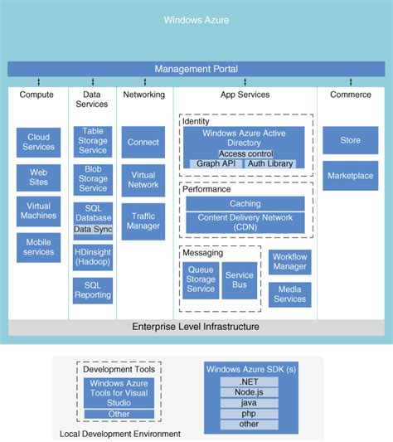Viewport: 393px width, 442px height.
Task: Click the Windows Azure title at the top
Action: click(x=196, y=19)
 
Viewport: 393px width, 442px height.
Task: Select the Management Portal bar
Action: click(x=196, y=69)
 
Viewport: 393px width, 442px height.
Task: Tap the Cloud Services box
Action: click(x=39, y=142)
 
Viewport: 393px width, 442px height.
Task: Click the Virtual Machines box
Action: click(x=39, y=211)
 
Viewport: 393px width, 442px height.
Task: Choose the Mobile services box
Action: click(x=39, y=247)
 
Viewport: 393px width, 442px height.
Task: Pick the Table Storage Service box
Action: click(x=92, y=141)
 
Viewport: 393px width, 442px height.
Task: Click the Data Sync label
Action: click(x=92, y=229)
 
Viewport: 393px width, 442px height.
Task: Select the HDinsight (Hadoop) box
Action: click(x=92, y=256)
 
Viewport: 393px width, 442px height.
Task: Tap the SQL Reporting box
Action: click(x=92, y=289)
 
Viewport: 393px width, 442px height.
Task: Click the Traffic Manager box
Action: click(x=143, y=220)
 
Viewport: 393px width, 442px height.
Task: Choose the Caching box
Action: click(x=245, y=203)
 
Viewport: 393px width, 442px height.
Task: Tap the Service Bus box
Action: click(x=240, y=280)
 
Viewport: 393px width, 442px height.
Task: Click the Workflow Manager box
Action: click(x=290, y=262)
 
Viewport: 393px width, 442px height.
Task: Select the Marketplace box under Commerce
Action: click(x=350, y=176)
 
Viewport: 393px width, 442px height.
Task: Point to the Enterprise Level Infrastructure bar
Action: click(x=196, y=327)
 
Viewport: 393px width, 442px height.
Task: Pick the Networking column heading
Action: click(x=143, y=95)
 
